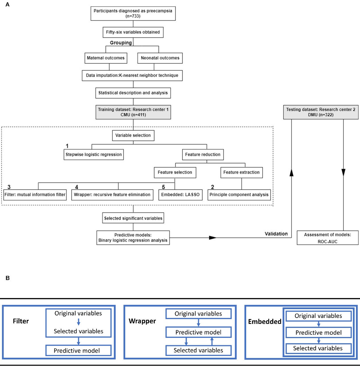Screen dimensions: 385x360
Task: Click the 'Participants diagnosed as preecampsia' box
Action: click(133, 13)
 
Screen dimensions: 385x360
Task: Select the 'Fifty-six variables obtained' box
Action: click(133, 32)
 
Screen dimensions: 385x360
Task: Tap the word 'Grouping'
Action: click(121, 43)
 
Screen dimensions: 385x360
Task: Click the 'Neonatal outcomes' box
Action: click(160, 58)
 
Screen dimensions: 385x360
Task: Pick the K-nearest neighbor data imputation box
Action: click(132, 76)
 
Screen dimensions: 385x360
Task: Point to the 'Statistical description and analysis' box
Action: click(133, 93)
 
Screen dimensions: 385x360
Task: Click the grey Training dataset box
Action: click(133, 112)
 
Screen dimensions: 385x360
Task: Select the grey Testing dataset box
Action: click(321, 112)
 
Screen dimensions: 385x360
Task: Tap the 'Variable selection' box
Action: click(133, 135)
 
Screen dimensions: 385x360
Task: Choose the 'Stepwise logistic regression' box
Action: click(94, 154)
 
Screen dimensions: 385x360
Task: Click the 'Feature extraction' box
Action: click(241, 172)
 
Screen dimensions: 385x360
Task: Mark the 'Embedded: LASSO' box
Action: click(180, 195)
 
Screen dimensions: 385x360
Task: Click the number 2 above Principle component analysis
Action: click(212, 187)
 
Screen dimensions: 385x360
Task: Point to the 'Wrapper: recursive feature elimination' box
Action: click(112, 195)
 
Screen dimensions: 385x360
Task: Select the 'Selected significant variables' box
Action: click(133, 218)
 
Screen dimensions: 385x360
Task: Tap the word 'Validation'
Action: click(276, 234)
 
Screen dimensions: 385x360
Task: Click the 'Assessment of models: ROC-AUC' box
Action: click(327, 238)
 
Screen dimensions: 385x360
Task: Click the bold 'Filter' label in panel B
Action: click(21, 321)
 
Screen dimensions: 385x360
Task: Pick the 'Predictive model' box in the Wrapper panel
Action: click(198, 332)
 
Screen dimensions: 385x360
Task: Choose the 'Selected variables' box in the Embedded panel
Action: click(318, 348)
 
